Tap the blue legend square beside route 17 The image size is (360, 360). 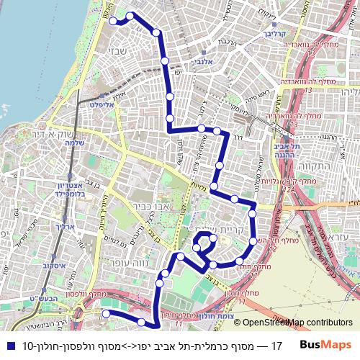point(9,345)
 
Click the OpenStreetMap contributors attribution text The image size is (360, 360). point(298,323)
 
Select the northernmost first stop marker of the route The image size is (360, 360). point(113,22)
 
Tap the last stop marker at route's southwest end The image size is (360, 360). point(105,313)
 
